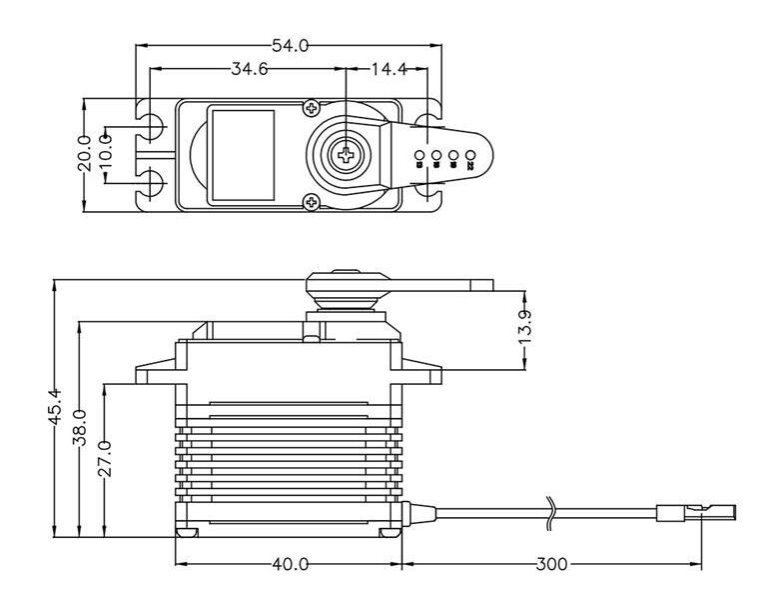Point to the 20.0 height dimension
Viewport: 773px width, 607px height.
(x=85, y=153)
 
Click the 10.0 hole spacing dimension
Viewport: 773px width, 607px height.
(x=106, y=154)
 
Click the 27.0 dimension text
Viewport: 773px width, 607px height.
(x=106, y=457)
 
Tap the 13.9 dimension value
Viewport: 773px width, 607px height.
(x=527, y=328)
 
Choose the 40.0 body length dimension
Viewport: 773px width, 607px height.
(x=290, y=565)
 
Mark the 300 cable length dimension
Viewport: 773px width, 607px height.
(x=551, y=565)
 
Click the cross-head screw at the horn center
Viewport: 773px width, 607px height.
(x=345, y=154)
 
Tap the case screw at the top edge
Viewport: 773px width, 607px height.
(x=313, y=107)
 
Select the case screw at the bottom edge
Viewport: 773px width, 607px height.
(x=313, y=202)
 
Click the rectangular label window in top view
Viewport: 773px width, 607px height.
(x=242, y=154)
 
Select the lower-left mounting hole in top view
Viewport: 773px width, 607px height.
(x=153, y=183)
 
